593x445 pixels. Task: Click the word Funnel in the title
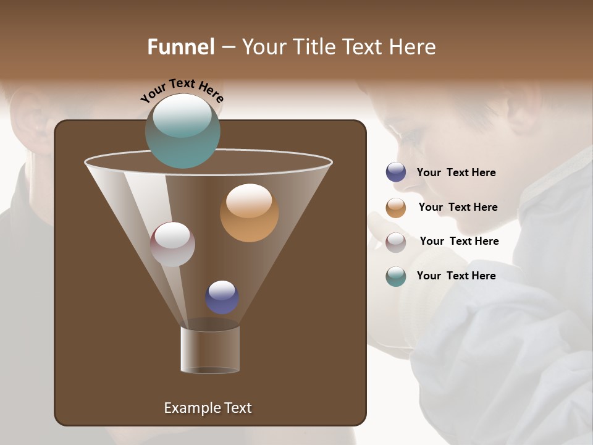pyautogui.click(x=180, y=47)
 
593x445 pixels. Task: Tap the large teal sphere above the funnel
pyautogui.click(x=183, y=131)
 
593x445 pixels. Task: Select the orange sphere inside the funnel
pyautogui.click(x=249, y=213)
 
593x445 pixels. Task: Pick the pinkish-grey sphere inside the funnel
pyautogui.click(x=172, y=244)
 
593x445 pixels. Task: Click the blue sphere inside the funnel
pyautogui.click(x=222, y=297)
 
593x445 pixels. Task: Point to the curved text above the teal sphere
pyautogui.click(x=182, y=90)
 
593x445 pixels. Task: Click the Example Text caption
pyautogui.click(x=208, y=408)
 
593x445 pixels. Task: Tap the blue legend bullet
pyautogui.click(x=396, y=172)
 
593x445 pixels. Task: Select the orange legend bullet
pyautogui.click(x=396, y=208)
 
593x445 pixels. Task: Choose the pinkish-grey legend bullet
pyautogui.click(x=396, y=242)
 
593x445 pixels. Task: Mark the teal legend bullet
pyautogui.click(x=396, y=276)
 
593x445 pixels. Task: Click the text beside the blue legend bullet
pyautogui.click(x=456, y=172)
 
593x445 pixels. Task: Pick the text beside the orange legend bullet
pyautogui.click(x=458, y=207)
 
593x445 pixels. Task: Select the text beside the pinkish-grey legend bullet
pyautogui.click(x=459, y=241)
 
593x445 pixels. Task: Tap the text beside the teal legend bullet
pyautogui.click(x=456, y=276)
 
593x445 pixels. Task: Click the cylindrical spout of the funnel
pyautogui.click(x=210, y=349)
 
